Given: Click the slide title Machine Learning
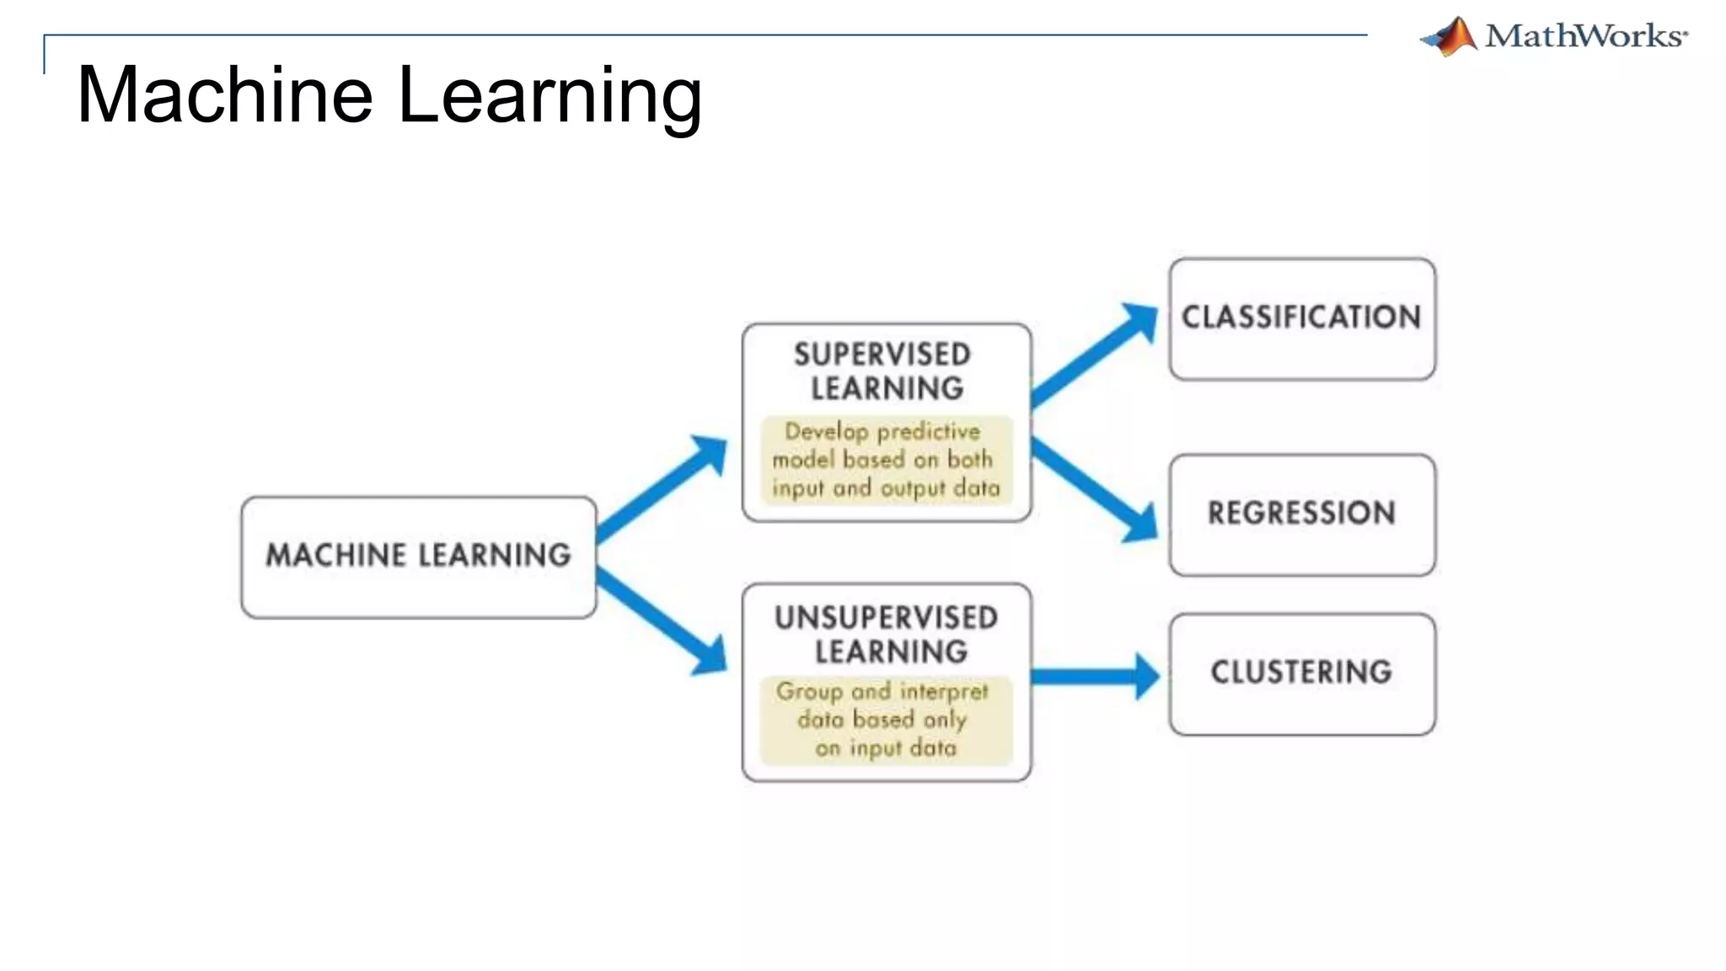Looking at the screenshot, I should tap(389, 94).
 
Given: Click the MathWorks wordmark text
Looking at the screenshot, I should tap(1585, 36).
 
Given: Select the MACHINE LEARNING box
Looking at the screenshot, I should tap(419, 556).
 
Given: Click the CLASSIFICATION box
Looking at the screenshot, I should tap(1302, 318).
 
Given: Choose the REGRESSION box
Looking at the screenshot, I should tap(1302, 513).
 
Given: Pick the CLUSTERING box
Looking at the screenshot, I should tap(1302, 673).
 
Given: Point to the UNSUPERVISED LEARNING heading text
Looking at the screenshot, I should tap(887, 634).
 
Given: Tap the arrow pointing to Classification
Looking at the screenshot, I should tap(1096, 354).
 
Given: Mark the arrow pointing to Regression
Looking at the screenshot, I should tap(1096, 489).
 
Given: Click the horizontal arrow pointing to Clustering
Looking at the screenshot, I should tap(1096, 676).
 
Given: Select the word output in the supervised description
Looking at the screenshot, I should tap(913, 489).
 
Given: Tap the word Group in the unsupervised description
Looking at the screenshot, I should tap(809, 691).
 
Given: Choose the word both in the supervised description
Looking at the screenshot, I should tap(970, 459).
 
